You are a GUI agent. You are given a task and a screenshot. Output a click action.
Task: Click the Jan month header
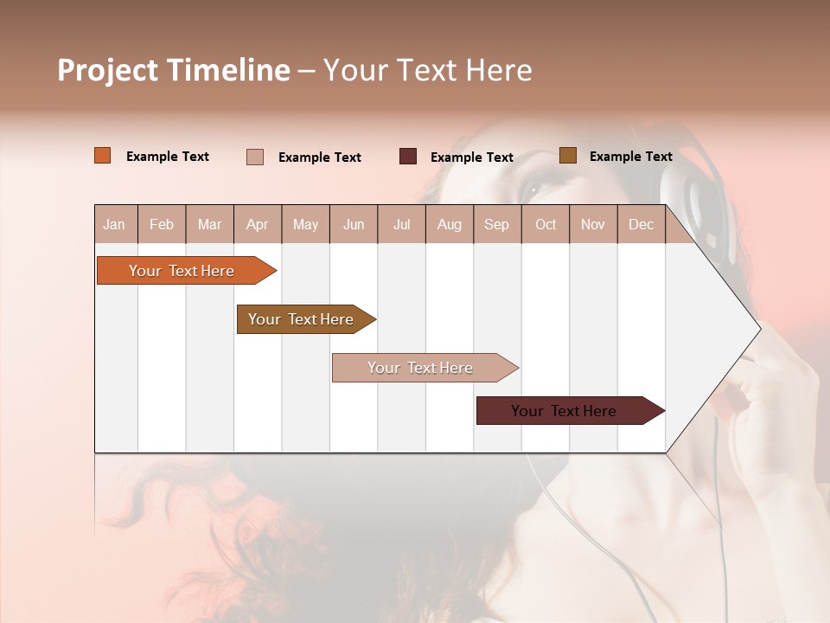pos(115,224)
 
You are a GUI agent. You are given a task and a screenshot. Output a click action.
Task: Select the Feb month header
pos(162,224)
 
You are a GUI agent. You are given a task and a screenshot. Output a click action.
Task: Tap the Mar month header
pos(209,224)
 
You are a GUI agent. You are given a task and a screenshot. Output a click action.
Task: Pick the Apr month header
pos(258,224)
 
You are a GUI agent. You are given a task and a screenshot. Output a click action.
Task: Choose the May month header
pos(305,224)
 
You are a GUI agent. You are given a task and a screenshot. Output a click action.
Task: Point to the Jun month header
pos(354,224)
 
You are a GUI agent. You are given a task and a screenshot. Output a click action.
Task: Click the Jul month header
pos(402,224)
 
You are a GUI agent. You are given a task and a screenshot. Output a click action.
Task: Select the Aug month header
pos(450,224)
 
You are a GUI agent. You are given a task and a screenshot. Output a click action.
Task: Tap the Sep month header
pos(497,224)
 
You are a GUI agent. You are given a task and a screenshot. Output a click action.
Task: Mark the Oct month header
pos(546,224)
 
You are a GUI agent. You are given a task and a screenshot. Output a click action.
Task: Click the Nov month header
pos(593,224)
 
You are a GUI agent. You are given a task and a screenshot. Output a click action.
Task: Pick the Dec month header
pos(642,224)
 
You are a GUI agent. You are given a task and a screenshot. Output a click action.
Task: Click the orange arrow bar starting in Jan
pos(182,271)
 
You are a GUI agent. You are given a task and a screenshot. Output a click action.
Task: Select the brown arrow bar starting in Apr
pos(302,319)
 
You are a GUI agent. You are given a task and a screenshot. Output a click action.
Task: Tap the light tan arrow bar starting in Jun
pos(421,368)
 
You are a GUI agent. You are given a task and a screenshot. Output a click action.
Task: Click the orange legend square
pos(103,156)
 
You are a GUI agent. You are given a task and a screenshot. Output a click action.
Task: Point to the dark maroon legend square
pos(408,157)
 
